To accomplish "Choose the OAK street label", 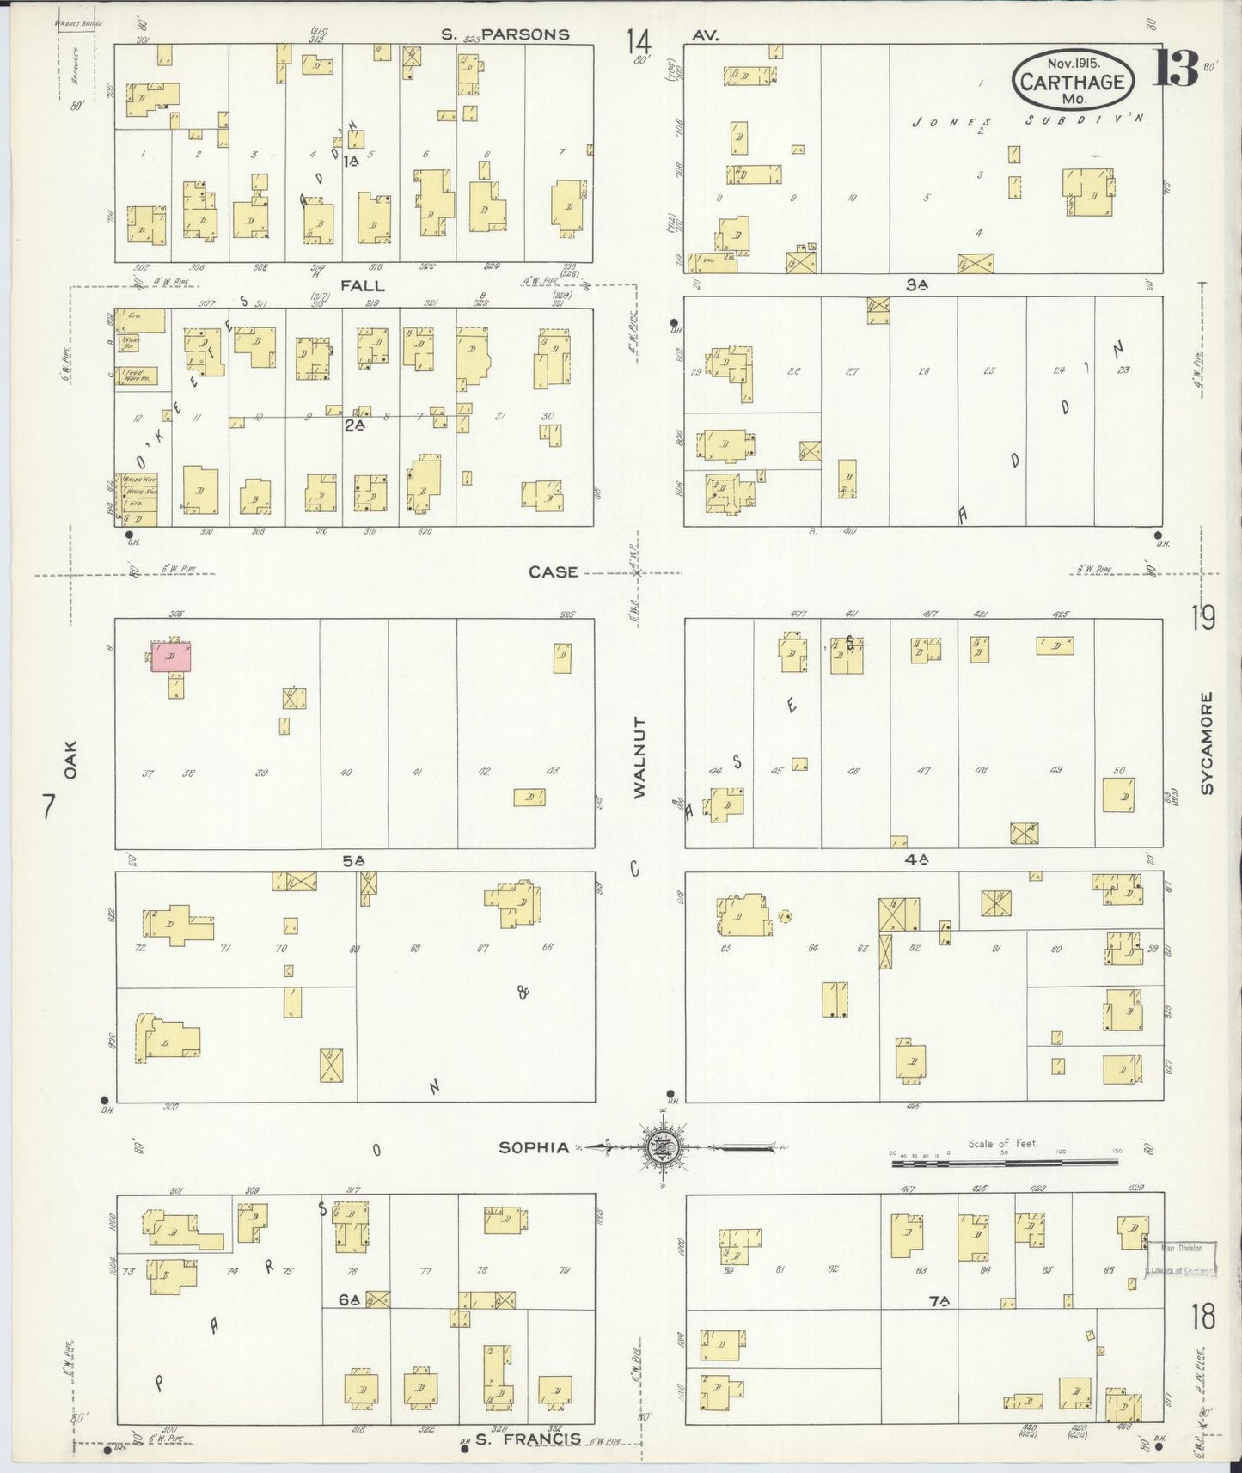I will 70,760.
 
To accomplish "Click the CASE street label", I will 553,571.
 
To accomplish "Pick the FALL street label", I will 363,285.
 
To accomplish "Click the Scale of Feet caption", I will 1002,1143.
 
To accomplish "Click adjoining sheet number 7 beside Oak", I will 49,806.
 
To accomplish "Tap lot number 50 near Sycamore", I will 1118,771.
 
